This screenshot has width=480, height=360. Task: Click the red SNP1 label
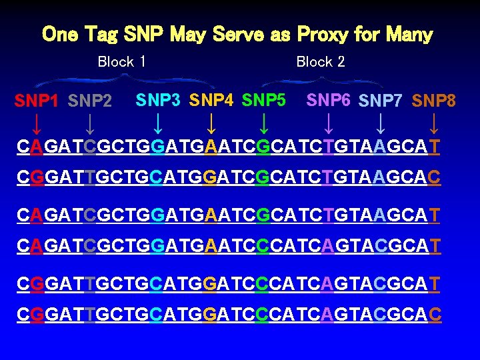click(x=37, y=101)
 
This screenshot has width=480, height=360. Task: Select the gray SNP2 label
click(x=90, y=101)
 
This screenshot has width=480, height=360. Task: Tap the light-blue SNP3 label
click(x=158, y=100)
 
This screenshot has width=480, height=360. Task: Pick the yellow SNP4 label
click(x=211, y=100)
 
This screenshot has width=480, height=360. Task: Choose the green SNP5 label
click(x=264, y=100)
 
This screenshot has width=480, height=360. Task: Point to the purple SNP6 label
click(x=328, y=100)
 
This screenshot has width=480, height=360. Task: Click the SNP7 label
click(x=381, y=101)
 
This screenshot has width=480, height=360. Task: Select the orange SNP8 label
click(x=434, y=101)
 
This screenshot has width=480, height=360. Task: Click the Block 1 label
click(x=122, y=62)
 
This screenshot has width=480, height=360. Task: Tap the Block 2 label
click(x=321, y=62)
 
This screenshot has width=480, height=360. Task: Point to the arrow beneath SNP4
click(x=211, y=123)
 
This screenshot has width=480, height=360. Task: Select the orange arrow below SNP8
click(x=434, y=123)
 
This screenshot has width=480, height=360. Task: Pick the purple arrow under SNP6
click(x=328, y=123)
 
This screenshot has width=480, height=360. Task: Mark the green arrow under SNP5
click(x=264, y=123)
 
